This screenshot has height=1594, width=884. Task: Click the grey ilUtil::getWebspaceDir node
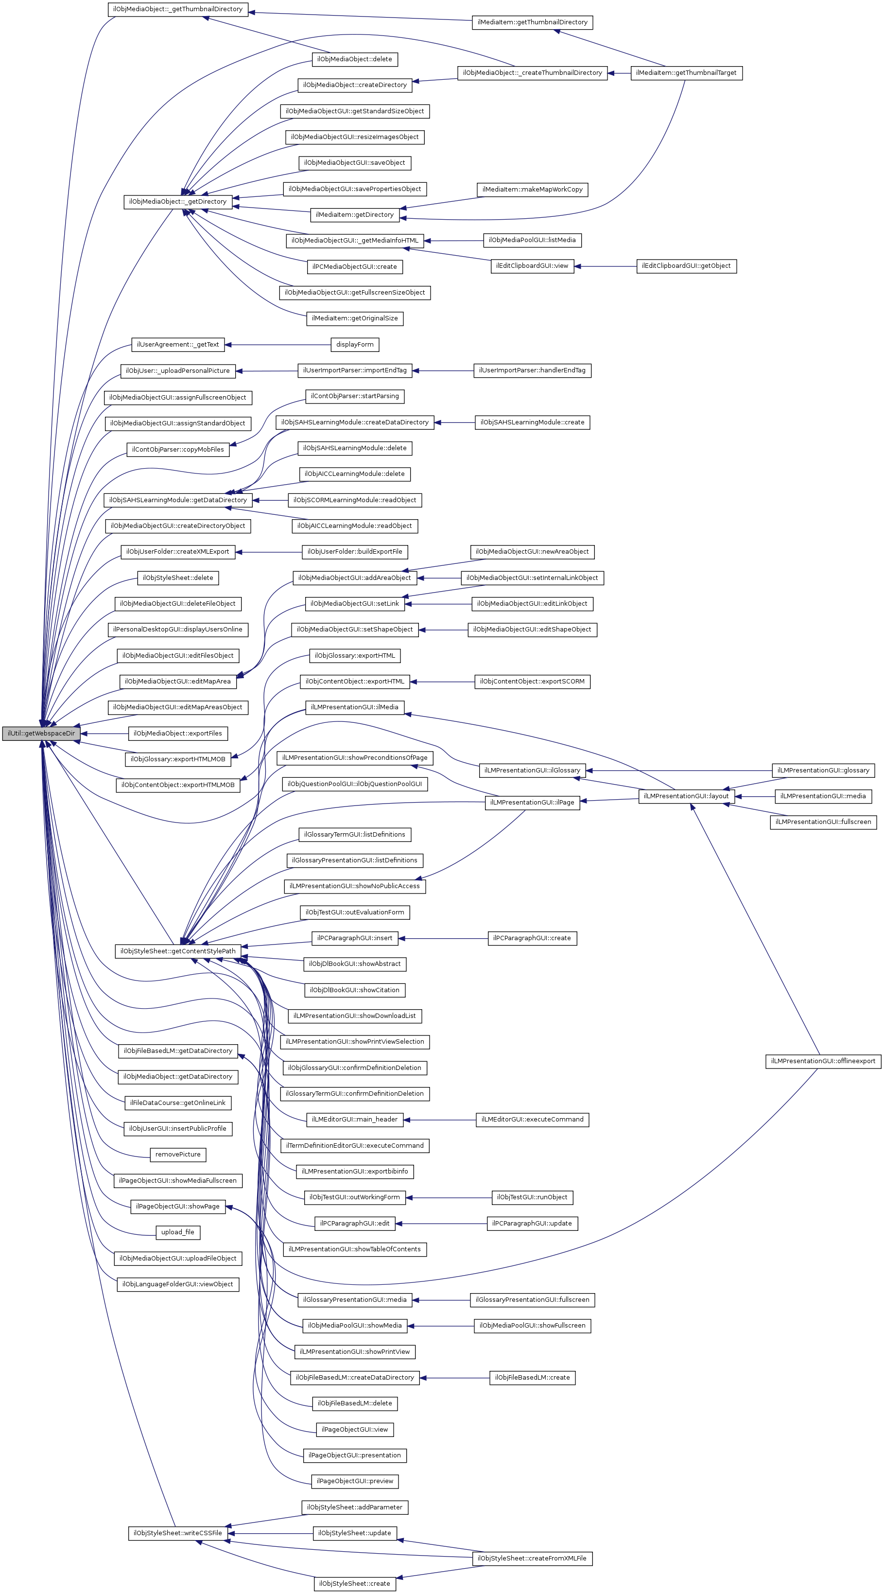pyautogui.click(x=41, y=733)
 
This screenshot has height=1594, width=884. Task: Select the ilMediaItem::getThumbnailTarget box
pyautogui.click(x=686, y=73)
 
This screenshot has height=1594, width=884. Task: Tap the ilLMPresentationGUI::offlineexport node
pyautogui.click(x=823, y=1061)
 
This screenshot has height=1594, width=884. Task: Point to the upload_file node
pyautogui.click(x=177, y=1232)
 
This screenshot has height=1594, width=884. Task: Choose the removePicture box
pyautogui.click(x=177, y=1154)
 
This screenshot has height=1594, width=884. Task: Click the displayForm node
pyautogui.click(x=354, y=345)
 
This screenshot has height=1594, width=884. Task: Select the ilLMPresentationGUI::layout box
pyautogui.click(x=686, y=796)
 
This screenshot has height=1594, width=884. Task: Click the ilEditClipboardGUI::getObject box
pyautogui.click(x=686, y=266)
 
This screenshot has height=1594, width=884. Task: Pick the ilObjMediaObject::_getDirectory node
pyautogui.click(x=177, y=202)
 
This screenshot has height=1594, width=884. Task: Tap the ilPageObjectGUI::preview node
pyautogui.click(x=354, y=1481)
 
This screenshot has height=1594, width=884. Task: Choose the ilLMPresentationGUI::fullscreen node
pyautogui.click(x=823, y=822)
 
